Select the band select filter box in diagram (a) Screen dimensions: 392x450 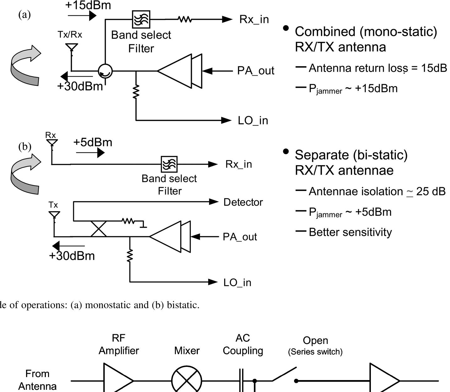(x=141, y=19)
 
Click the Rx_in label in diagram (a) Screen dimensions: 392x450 (x=254, y=19)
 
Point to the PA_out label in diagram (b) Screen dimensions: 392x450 (x=240, y=237)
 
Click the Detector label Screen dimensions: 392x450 (x=243, y=202)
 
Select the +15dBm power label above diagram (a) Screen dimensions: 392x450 (x=88, y=5)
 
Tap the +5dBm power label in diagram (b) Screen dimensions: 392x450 (x=93, y=142)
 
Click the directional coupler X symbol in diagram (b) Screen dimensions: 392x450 (x=99, y=229)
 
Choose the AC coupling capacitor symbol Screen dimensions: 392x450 (x=241, y=381)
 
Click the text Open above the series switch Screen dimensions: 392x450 (x=315, y=340)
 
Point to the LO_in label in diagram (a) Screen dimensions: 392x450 (x=253, y=121)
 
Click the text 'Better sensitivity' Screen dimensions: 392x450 (x=350, y=232)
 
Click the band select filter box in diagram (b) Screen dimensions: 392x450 (x=169, y=164)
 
